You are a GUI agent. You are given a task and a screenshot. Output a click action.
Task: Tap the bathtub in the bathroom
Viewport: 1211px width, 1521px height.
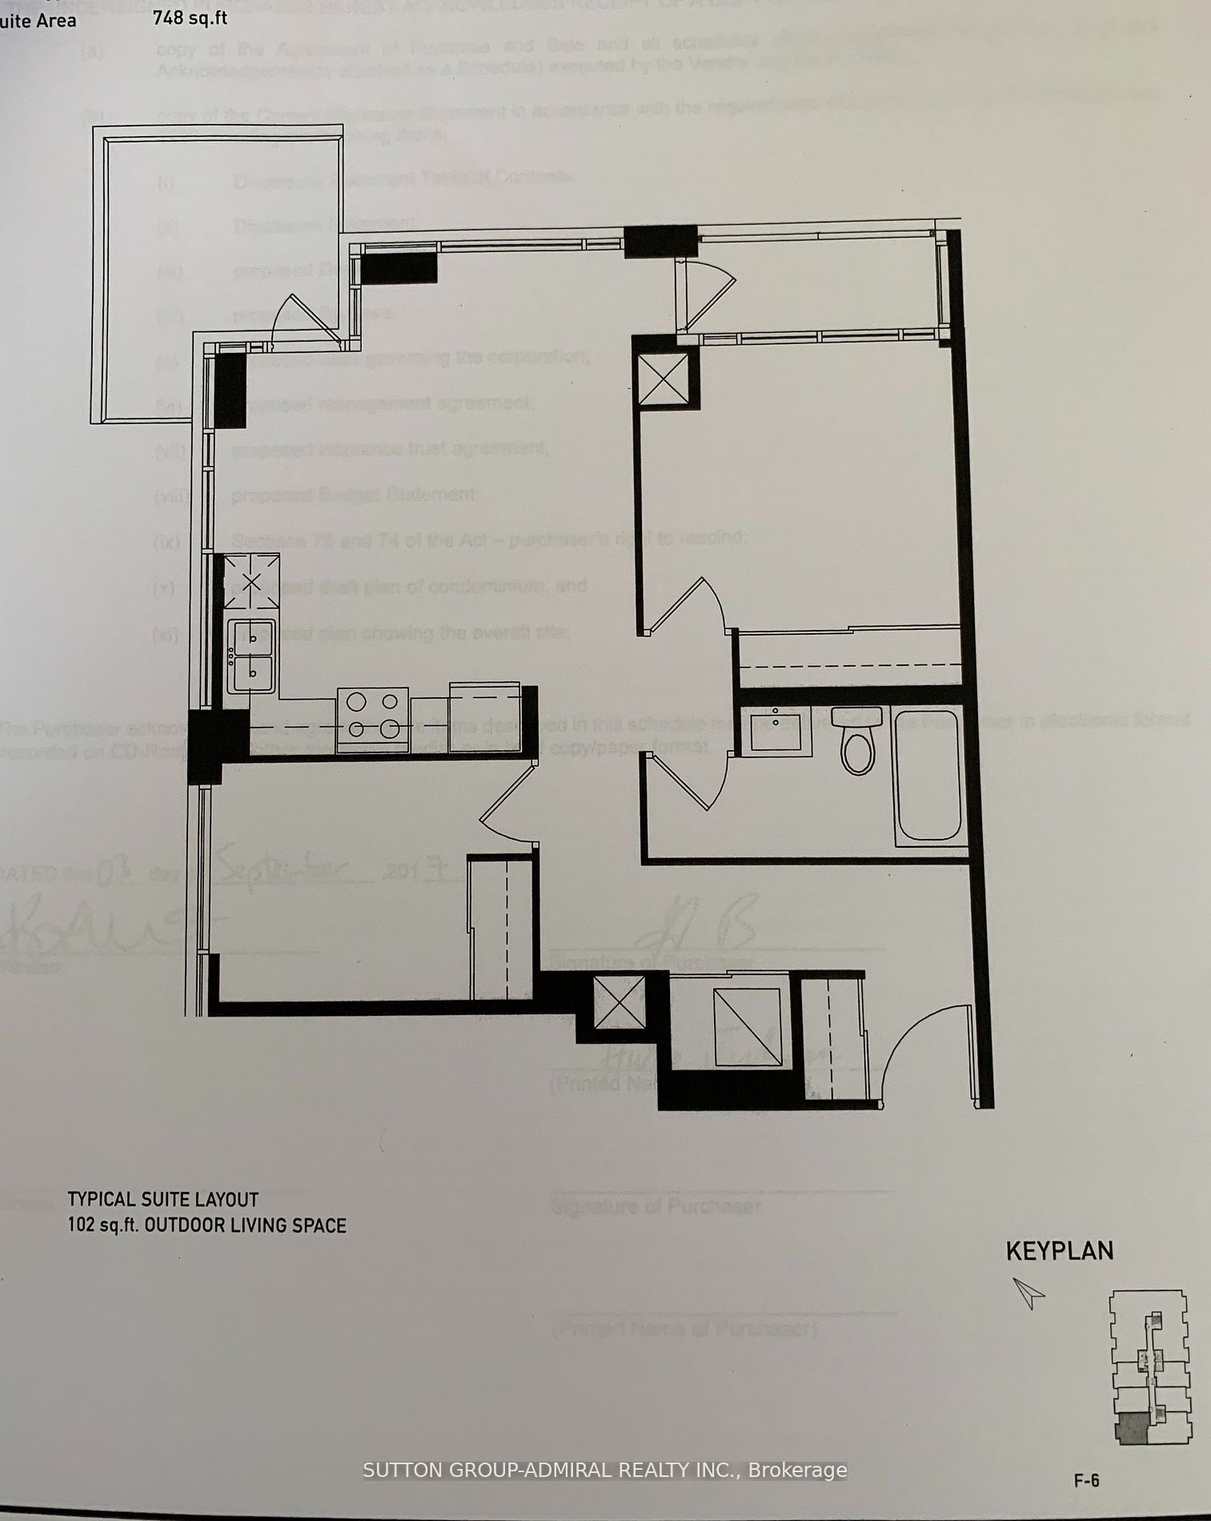[x=928, y=775]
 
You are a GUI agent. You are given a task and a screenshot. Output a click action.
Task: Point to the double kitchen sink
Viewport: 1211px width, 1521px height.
[x=251, y=656]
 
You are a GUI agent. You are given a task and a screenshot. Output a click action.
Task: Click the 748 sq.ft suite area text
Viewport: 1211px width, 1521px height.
[x=190, y=17]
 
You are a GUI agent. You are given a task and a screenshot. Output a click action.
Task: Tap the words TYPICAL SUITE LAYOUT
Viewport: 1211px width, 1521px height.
[x=162, y=1199]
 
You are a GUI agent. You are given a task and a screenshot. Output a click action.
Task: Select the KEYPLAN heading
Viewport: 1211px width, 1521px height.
[x=1059, y=1251]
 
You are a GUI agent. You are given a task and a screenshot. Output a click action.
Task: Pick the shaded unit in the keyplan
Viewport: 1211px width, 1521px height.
[x=1131, y=1428]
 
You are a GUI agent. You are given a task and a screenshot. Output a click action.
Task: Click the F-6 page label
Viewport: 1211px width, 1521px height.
[x=1086, y=1481]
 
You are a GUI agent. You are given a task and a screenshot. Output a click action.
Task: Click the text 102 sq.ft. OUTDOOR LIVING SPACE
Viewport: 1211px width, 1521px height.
[x=207, y=1226]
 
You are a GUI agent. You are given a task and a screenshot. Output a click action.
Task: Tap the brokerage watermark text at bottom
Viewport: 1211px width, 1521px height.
[x=604, y=1471]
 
